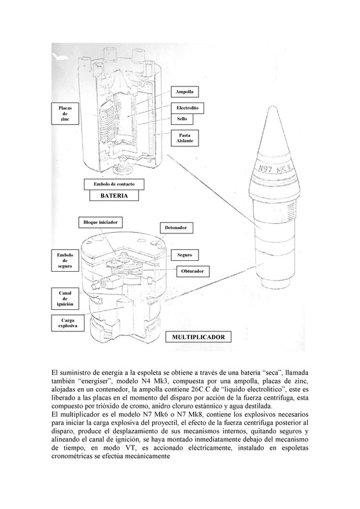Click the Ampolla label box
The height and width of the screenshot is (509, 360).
[x=184, y=92]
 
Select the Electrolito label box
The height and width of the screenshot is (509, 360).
[x=187, y=108]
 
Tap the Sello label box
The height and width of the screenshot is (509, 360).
[x=182, y=119]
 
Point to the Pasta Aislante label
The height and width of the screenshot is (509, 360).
[x=184, y=138]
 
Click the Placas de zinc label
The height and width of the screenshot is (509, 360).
[x=66, y=114]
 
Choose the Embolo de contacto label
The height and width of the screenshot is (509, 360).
[x=114, y=184]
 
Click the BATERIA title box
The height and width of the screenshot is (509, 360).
[x=114, y=195]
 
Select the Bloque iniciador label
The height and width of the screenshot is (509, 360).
[x=100, y=222]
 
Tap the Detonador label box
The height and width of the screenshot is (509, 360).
[x=176, y=228]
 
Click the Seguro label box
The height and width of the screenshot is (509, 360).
[x=184, y=255]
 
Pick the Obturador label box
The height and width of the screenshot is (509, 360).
[x=193, y=271]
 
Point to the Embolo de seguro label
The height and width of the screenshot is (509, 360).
[x=65, y=260]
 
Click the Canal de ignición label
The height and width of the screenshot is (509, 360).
[x=65, y=298]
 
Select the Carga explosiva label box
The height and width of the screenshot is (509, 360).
[x=68, y=323]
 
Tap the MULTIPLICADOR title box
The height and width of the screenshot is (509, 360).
[x=198, y=337]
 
